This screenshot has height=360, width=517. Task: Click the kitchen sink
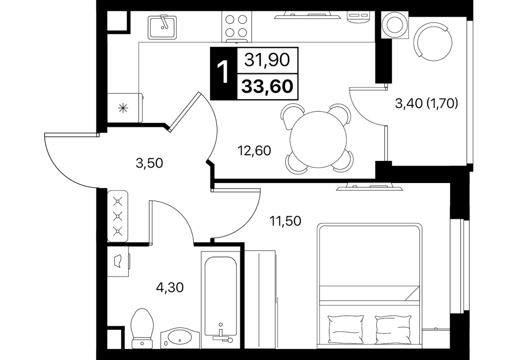tap(162, 27)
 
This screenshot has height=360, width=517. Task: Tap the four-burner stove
tap(236, 26)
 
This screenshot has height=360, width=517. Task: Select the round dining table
tap(318, 139)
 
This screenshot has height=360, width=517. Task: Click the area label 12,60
tap(254, 151)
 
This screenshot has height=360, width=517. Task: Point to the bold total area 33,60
tap(267, 86)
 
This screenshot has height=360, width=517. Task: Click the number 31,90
tap(267, 60)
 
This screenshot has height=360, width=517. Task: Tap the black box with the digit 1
tap(224, 73)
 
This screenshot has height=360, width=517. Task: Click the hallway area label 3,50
tap(150, 163)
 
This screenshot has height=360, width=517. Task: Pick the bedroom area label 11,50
tap(285, 221)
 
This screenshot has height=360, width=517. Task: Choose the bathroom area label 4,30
tap(170, 287)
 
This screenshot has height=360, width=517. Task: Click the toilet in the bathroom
tap(142, 328)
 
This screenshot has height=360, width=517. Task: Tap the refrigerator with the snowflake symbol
tap(125, 107)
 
